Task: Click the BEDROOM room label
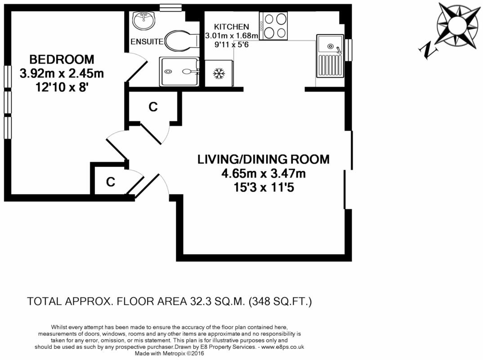click(x=62, y=59)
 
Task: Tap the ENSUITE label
click(x=147, y=41)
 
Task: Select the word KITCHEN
click(x=231, y=27)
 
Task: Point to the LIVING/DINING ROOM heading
click(x=264, y=159)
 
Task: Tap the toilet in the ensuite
click(x=182, y=40)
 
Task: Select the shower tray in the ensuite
click(x=179, y=72)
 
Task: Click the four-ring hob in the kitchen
click(x=273, y=26)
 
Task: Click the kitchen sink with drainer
click(x=330, y=56)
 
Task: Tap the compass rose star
click(x=459, y=25)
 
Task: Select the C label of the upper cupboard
click(x=153, y=107)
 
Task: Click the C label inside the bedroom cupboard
click(x=111, y=182)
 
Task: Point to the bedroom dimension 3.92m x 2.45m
click(x=62, y=73)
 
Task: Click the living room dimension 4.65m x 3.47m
click(x=264, y=174)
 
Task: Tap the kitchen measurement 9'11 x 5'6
click(x=231, y=45)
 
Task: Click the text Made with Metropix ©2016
click(x=170, y=354)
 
